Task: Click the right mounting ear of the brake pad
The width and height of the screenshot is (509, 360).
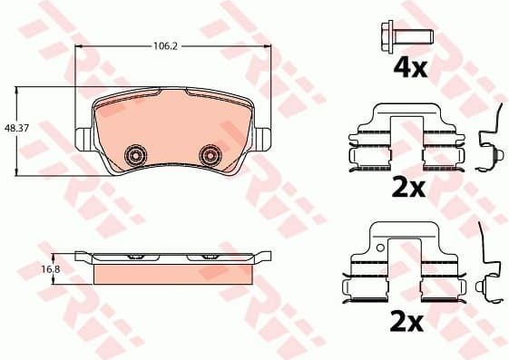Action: click(264, 140)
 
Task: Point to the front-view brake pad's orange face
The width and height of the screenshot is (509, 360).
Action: click(173, 127)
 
